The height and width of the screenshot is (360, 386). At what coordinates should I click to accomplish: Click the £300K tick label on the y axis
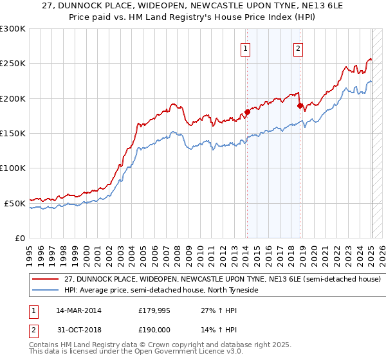coord(13,29)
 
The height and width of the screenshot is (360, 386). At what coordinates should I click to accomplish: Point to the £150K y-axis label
coord(13,134)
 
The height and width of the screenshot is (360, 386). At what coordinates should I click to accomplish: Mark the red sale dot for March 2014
coord(246,113)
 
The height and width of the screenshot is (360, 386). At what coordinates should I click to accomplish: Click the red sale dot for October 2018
coord(300,105)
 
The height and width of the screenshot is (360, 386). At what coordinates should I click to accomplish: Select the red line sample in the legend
coord(45,280)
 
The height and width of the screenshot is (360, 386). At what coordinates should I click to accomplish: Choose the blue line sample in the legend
coord(45,290)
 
